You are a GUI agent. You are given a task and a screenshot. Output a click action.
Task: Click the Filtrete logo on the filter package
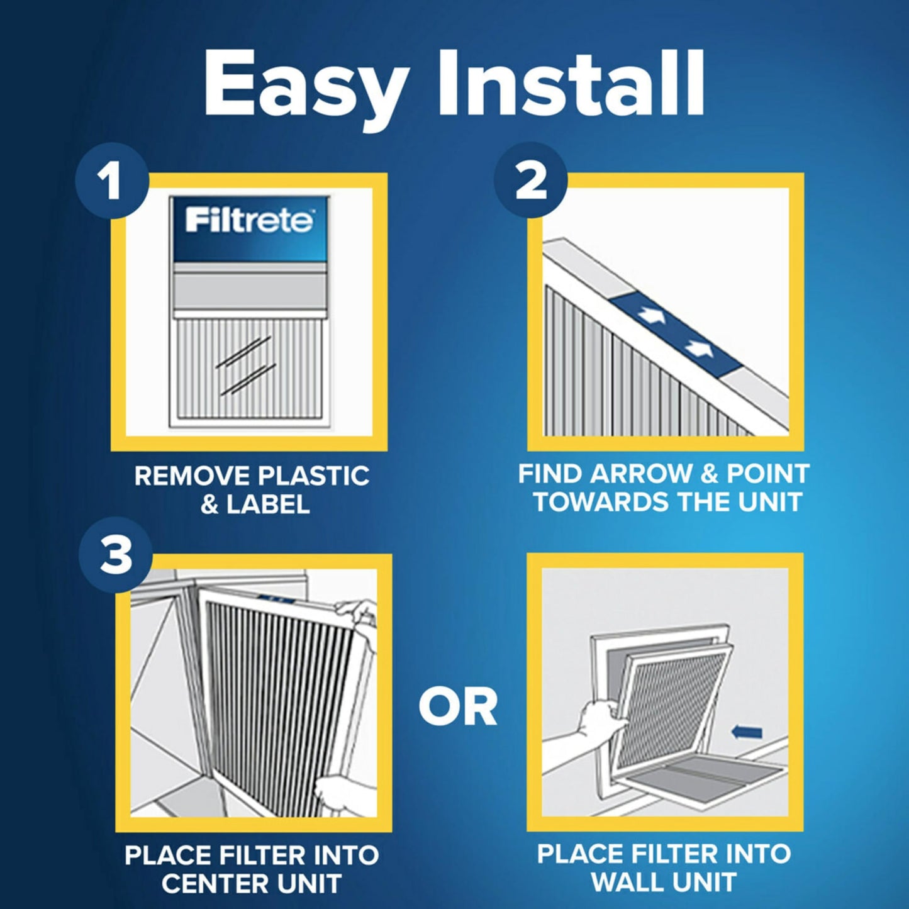(249, 221)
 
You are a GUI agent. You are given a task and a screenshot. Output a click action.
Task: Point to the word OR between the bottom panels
(458, 707)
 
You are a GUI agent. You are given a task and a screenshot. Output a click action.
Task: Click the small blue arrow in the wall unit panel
(747, 732)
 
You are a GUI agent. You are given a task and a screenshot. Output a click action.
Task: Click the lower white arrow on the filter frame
(697, 347)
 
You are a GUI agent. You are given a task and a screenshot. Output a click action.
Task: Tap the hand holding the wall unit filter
(598, 717)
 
